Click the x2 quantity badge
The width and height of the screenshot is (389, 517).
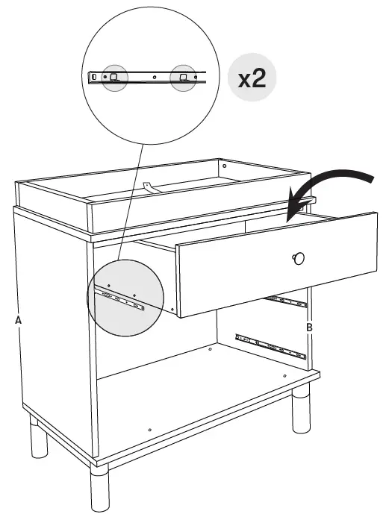[x=252, y=79]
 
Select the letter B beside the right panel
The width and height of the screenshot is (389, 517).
[x=309, y=327]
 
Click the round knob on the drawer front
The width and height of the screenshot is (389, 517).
[x=299, y=258]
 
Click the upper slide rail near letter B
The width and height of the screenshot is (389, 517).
[x=287, y=301]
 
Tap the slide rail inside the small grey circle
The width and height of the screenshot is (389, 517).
[x=119, y=301]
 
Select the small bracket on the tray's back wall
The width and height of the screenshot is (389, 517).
[x=149, y=187]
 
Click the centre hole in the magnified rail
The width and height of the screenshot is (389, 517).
[x=154, y=76]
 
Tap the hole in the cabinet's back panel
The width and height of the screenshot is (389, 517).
[x=210, y=348]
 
